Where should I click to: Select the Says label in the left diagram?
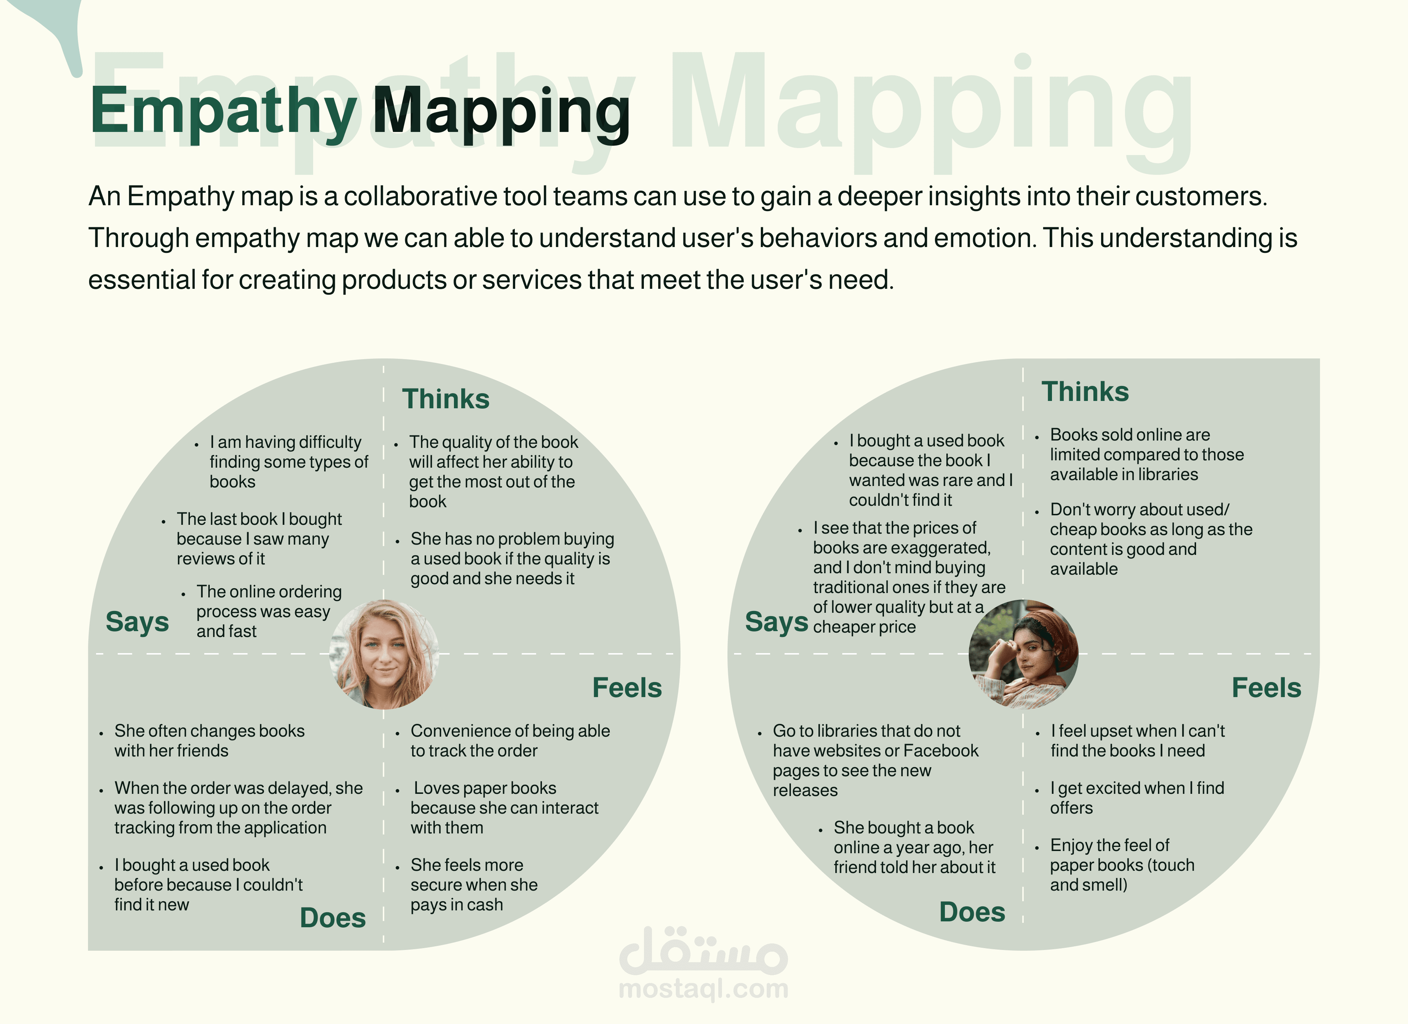point(137,622)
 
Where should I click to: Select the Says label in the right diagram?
point(777,622)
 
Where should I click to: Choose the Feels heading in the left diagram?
point(627,688)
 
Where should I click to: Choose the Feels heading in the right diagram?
point(1266,688)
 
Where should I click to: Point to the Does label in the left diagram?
point(333,918)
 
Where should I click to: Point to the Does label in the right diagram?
point(972,912)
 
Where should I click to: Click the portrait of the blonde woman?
point(384,654)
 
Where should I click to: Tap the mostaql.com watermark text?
point(703,988)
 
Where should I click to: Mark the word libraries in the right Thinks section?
point(1159,475)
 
